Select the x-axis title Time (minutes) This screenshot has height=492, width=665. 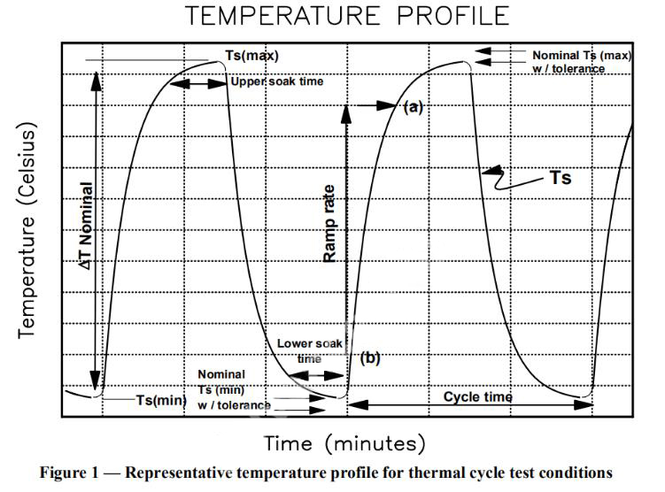point(344,442)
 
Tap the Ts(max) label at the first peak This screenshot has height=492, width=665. point(251,56)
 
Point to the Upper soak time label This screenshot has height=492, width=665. point(277,81)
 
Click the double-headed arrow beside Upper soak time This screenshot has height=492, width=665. point(197,83)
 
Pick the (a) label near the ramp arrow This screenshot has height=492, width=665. point(414,107)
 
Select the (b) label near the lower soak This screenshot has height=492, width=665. point(370,357)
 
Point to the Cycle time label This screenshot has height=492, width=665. point(478,397)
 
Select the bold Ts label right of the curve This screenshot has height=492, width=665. point(560,178)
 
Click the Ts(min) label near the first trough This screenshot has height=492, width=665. point(160,400)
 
